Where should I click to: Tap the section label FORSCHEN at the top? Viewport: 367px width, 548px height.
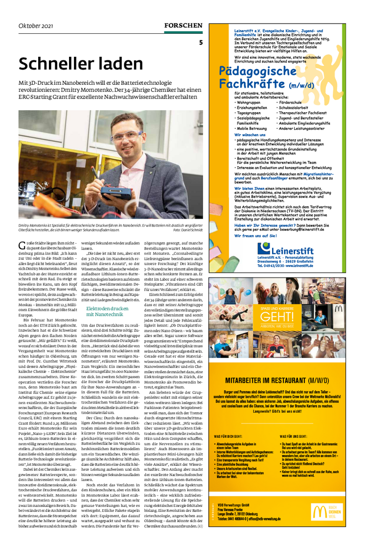pyautogui.click(x=183, y=25)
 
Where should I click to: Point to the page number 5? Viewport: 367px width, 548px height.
pyautogui.click(x=201, y=43)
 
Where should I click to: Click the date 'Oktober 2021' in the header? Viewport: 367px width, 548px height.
pyautogui.click(x=36, y=25)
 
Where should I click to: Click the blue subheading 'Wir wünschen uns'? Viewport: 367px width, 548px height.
pyautogui.click(x=250, y=134)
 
